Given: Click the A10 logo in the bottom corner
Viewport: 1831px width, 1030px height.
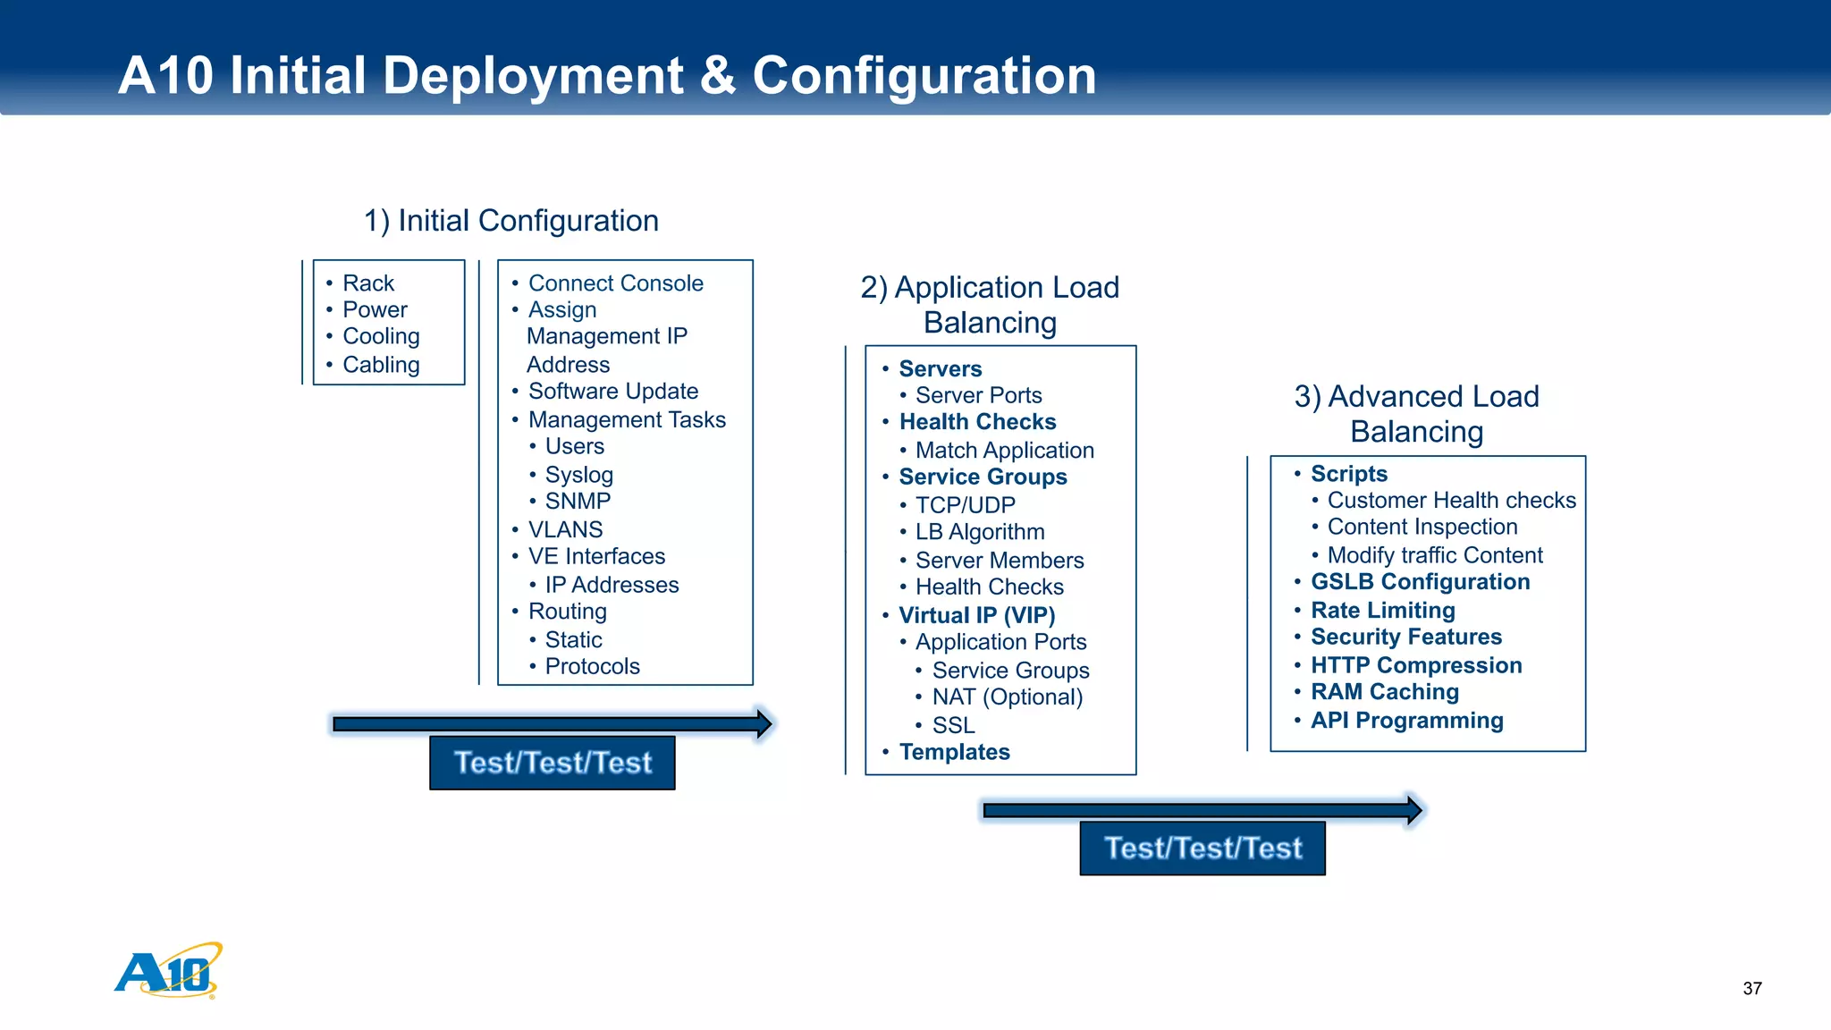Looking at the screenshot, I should point(168,971).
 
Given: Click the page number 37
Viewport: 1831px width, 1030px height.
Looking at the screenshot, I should point(1751,988).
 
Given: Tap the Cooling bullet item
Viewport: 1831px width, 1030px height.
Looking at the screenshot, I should point(381,336).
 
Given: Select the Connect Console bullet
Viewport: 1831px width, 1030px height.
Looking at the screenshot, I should point(615,283).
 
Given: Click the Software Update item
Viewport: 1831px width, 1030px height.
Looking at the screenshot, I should point(612,392).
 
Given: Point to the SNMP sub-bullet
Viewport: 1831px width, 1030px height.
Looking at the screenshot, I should point(578,502).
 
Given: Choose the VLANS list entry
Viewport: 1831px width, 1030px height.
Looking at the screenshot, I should point(565,529).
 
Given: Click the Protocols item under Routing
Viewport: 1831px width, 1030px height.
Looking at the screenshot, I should point(592,667).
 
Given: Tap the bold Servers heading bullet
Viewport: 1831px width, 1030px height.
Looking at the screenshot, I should point(940,369).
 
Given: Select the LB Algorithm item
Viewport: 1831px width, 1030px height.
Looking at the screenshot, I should point(979,532).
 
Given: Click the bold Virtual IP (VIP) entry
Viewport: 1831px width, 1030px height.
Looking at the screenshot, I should point(976,615).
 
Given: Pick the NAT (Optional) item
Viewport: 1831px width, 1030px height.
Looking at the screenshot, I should point(1007,697).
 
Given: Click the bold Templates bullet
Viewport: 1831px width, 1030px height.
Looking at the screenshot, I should point(954,752).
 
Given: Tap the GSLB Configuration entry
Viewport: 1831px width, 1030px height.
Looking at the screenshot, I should point(1420,582).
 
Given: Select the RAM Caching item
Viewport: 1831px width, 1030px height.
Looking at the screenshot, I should point(1384,692).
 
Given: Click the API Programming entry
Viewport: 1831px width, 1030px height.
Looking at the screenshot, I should point(1406,721).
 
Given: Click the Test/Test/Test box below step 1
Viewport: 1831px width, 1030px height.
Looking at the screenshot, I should point(553,763).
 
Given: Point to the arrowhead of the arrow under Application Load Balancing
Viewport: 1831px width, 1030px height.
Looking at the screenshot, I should point(1413,810).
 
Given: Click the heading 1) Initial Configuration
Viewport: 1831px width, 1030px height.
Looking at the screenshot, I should point(511,221).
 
